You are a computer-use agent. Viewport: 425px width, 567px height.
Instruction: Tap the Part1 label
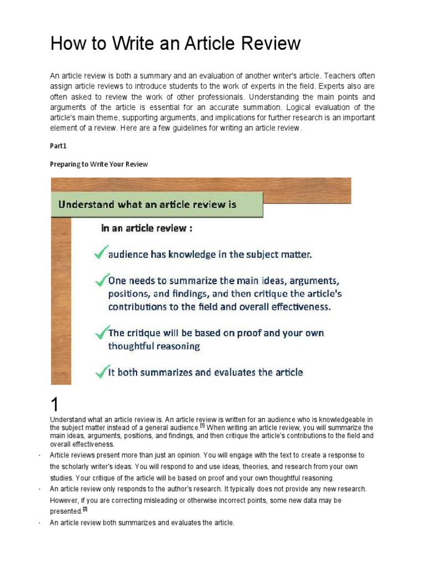(x=58, y=146)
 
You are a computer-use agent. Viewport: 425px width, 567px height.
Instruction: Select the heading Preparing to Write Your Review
(x=99, y=164)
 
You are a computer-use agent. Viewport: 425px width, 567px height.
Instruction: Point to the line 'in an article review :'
(x=146, y=228)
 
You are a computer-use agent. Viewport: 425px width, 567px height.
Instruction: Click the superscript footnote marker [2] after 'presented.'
(x=85, y=509)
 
